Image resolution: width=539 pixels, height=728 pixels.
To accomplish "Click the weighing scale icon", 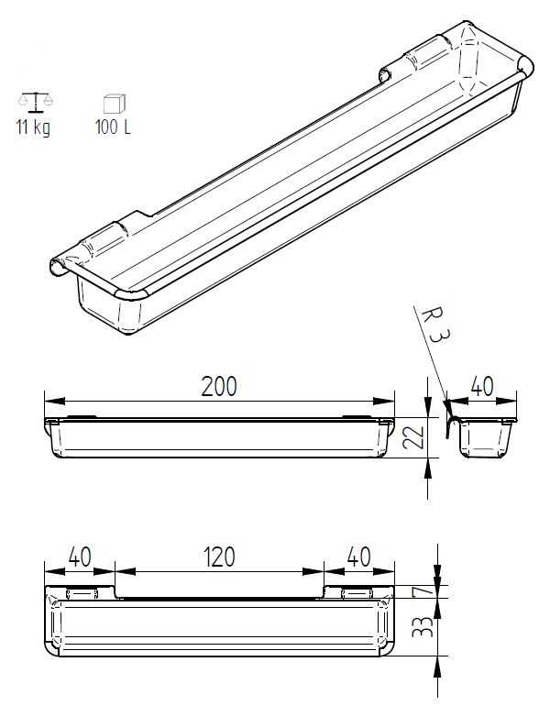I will (x=34, y=100).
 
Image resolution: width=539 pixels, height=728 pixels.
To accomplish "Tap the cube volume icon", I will (x=113, y=101).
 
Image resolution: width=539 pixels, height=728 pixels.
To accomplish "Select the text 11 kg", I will (x=33, y=127).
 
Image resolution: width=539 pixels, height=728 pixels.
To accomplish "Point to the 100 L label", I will (x=113, y=127).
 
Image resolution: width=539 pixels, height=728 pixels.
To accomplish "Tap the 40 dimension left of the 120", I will (x=80, y=556).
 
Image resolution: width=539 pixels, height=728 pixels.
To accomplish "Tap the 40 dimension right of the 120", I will (x=359, y=556).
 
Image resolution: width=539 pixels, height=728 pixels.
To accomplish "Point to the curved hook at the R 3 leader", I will (x=450, y=423).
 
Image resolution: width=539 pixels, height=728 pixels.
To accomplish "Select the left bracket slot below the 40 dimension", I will (x=80, y=593).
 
